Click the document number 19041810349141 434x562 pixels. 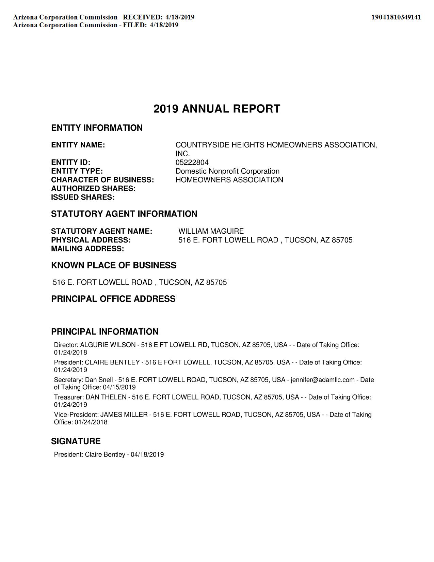(396, 17)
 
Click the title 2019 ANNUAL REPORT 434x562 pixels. (217, 109)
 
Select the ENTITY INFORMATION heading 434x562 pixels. (97, 128)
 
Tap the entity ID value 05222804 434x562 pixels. (192, 162)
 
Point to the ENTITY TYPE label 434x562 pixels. (77, 171)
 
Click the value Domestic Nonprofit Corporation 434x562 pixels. (227, 171)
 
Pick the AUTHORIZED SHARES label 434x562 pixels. (93, 189)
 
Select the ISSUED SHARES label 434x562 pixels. (83, 198)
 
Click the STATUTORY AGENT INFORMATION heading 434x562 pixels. (124, 214)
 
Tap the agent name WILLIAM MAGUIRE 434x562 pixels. (211, 231)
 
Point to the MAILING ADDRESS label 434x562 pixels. (87, 249)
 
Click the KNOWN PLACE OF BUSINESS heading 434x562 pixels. (114, 265)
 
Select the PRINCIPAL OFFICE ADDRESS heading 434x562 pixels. (113, 299)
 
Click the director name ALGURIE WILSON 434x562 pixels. (108, 345)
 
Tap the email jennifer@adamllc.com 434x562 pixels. (322, 380)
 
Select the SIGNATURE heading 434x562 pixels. (76, 441)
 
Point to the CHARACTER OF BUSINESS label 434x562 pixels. (102, 180)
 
